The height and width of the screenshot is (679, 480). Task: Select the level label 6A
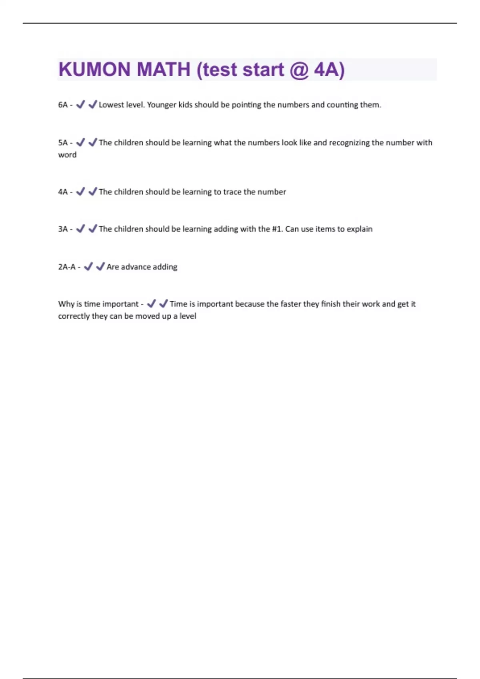pos(63,105)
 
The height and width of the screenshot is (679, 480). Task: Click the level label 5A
pos(63,143)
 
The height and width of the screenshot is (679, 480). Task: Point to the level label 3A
pos(63,229)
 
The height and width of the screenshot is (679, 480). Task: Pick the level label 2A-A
pos(67,267)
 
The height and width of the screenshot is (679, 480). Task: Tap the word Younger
pos(162,105)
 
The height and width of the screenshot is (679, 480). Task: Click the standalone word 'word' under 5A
pos(67,155)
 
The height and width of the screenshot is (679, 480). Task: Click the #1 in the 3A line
pos(277,229)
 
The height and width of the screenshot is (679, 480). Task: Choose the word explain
pos(360,229)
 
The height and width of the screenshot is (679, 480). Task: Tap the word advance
pos(135,267)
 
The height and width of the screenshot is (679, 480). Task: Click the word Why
pos(66,304)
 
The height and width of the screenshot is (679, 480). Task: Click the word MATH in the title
pos(163,69)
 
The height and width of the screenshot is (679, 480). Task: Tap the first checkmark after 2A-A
pos(88,266)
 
